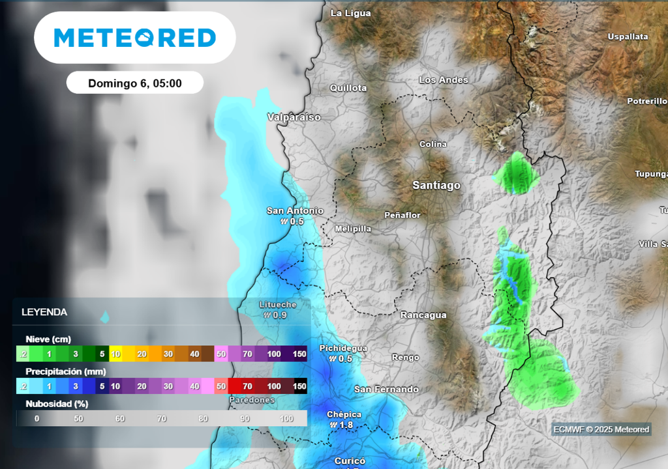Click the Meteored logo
pos(134,38)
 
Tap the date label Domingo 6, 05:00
pos(134,83)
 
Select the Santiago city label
pos(436,186)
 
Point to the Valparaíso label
pos(294,117)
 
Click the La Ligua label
pos(351,13)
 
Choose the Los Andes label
pos(444,80)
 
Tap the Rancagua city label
pos(423,315)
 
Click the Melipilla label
pos(353,229)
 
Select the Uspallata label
pos(628,37)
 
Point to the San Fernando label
pos(386,390)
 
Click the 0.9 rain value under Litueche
pos(280,315)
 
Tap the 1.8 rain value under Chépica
pos(346,425)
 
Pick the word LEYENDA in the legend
pos(44,312)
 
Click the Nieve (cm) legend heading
pos(48,339)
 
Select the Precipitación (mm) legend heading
pos(65,371)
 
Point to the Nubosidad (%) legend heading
pos(57,403)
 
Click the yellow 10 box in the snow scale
pos(116,354)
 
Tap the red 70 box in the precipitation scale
pos(247,386)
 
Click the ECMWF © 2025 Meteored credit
pos(601,429)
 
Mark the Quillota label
pos(348,88)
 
